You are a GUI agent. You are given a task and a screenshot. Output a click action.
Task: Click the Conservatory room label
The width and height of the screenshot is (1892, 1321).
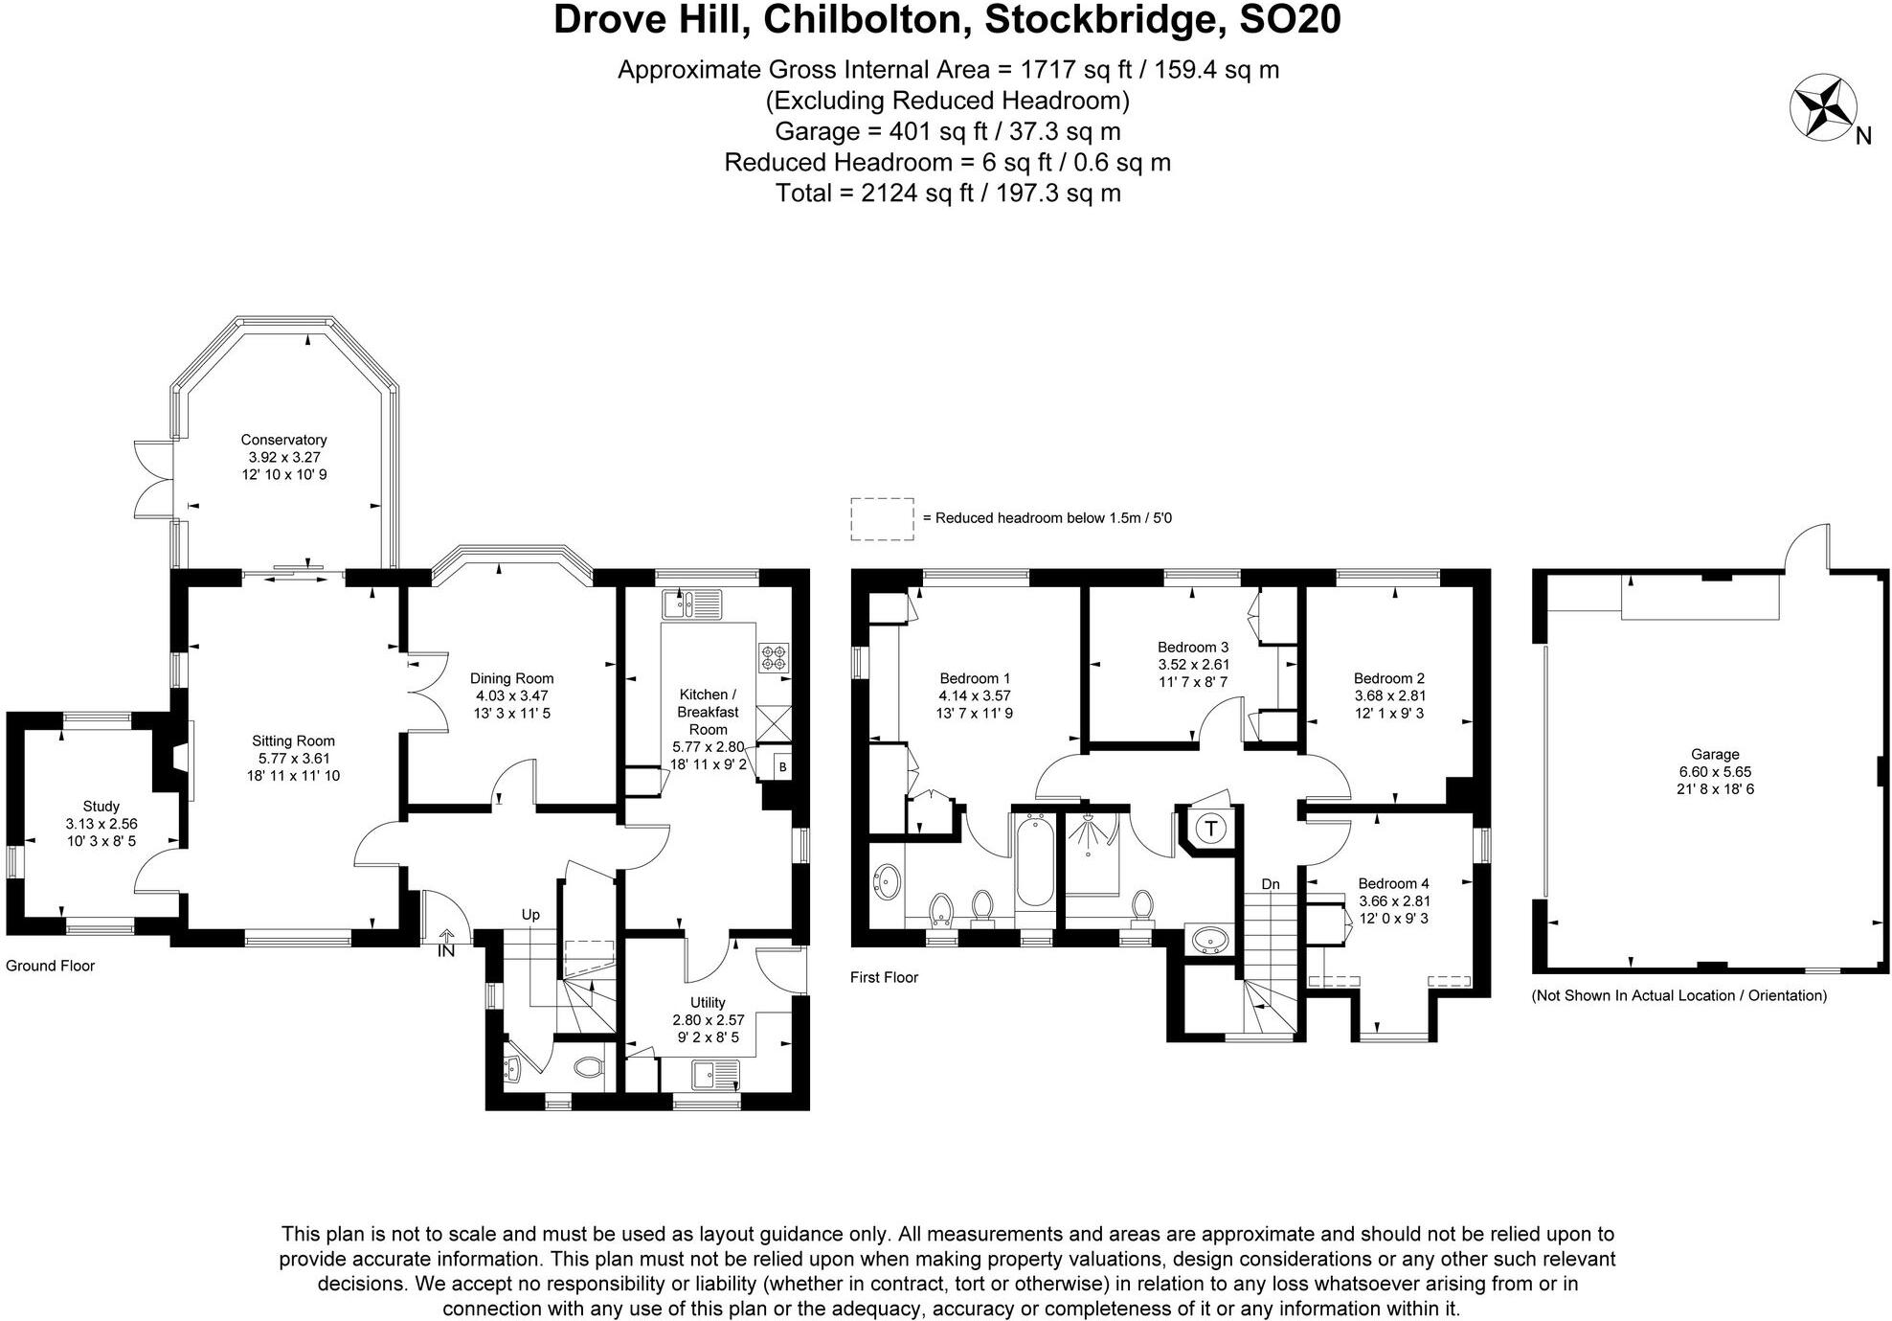(x=283, y=440)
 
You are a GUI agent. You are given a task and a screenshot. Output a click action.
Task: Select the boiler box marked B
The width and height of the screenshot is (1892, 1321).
(x=782, y=767)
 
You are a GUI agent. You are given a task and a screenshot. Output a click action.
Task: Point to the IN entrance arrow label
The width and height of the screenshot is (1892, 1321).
(x=446, y=951)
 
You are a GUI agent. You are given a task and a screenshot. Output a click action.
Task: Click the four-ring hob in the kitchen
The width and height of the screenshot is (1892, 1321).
(x=774, y=657)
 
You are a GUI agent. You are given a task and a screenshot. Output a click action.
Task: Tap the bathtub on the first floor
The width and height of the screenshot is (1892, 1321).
(x=1034, y=861)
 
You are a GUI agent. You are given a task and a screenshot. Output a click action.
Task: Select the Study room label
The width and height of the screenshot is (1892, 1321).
(x=101, y=807)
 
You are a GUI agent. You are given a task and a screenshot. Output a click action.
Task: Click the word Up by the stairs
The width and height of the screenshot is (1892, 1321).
(x=530, y=915)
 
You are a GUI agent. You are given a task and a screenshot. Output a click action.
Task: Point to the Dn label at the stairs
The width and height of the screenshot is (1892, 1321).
(x=1270, y=884)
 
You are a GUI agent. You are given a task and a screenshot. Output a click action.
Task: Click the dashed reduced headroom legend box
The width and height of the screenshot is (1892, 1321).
(x=882, y=518)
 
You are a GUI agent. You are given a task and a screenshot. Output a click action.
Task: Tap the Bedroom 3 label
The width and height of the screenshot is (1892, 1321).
(x=1192, y=647)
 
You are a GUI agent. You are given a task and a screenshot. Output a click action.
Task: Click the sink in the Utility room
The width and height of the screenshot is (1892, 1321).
(x=716, y=1073)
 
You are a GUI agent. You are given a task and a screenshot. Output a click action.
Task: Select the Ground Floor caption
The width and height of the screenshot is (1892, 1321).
(x=51, y=966)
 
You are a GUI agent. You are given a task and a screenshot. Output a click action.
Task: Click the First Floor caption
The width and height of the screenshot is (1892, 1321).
(x=884, y=977)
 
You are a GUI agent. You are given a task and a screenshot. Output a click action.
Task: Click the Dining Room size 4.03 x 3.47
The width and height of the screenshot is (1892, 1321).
(x=511, y=696)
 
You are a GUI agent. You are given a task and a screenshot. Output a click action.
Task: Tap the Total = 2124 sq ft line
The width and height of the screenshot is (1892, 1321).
(x=947, y=194)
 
